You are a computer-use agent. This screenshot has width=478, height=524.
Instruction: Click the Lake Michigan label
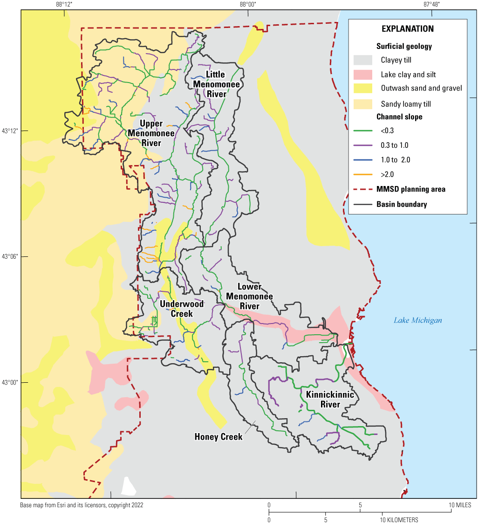(x=417, y=320)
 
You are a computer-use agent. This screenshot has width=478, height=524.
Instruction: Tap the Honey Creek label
(x=219, y=437)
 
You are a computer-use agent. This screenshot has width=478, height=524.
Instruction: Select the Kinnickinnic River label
(x=330, y=400)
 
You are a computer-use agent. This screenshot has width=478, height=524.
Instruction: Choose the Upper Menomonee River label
(x=151, y=133)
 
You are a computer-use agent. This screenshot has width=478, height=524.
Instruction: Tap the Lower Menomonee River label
(x=249, y=296)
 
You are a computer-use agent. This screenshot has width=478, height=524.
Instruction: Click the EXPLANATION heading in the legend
(x=407, y=29)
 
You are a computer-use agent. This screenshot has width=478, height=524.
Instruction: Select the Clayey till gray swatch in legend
(x=364, y=60)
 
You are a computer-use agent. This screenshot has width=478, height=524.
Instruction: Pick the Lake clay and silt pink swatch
(x=364, y=74)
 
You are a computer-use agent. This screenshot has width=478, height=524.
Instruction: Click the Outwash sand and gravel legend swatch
(x=364, y=88)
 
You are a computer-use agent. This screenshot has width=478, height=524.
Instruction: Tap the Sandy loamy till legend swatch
(x=364, y=102)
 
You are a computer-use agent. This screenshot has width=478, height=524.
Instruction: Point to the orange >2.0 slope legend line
(x=364, y=174)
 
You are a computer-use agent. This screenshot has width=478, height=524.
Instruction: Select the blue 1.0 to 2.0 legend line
(x=364, y=160)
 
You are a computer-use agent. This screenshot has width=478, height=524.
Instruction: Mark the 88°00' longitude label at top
(x=248, y=4)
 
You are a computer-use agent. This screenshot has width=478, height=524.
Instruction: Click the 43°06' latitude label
(x=10, y=256)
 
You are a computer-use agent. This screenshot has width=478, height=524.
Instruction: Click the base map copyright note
(x=82, y=505)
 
